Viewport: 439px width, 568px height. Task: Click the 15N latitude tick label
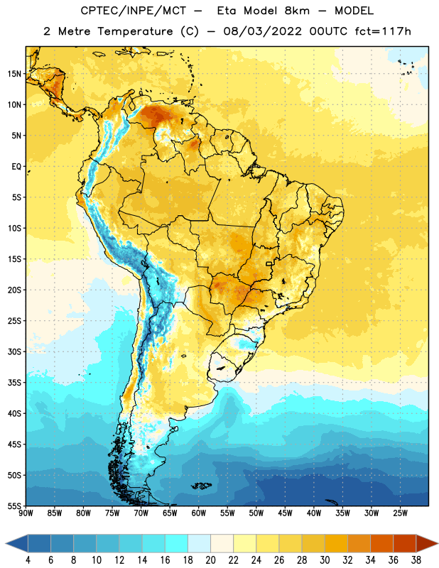(14, 74)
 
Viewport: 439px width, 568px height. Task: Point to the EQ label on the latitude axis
(16, 167)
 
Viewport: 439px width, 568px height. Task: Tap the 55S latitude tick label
(14, 506)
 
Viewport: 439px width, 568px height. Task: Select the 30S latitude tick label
(14, 351)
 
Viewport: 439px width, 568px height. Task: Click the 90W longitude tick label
(26, 513)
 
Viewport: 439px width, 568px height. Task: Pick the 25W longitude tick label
(400, 513)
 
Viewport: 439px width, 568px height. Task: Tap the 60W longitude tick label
(199, 513)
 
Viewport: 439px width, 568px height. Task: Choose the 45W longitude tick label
(285, 513)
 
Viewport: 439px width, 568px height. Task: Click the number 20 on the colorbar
(210, 560)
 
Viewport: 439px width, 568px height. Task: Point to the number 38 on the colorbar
(416, 560)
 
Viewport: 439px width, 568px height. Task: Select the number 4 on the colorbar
(28, 560)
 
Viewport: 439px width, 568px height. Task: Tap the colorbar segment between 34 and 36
(381, 543)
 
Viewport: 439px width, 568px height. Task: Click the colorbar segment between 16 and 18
(177, 543)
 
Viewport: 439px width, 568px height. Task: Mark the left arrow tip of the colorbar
(6, 543)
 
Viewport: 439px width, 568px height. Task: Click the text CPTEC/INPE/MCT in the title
(134, 11)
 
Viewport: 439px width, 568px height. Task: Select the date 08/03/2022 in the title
(262, 31)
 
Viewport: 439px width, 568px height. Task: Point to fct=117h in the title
(383, 31)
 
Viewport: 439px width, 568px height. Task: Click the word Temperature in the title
(135, 31)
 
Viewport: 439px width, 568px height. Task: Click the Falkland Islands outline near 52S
(202, 486)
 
